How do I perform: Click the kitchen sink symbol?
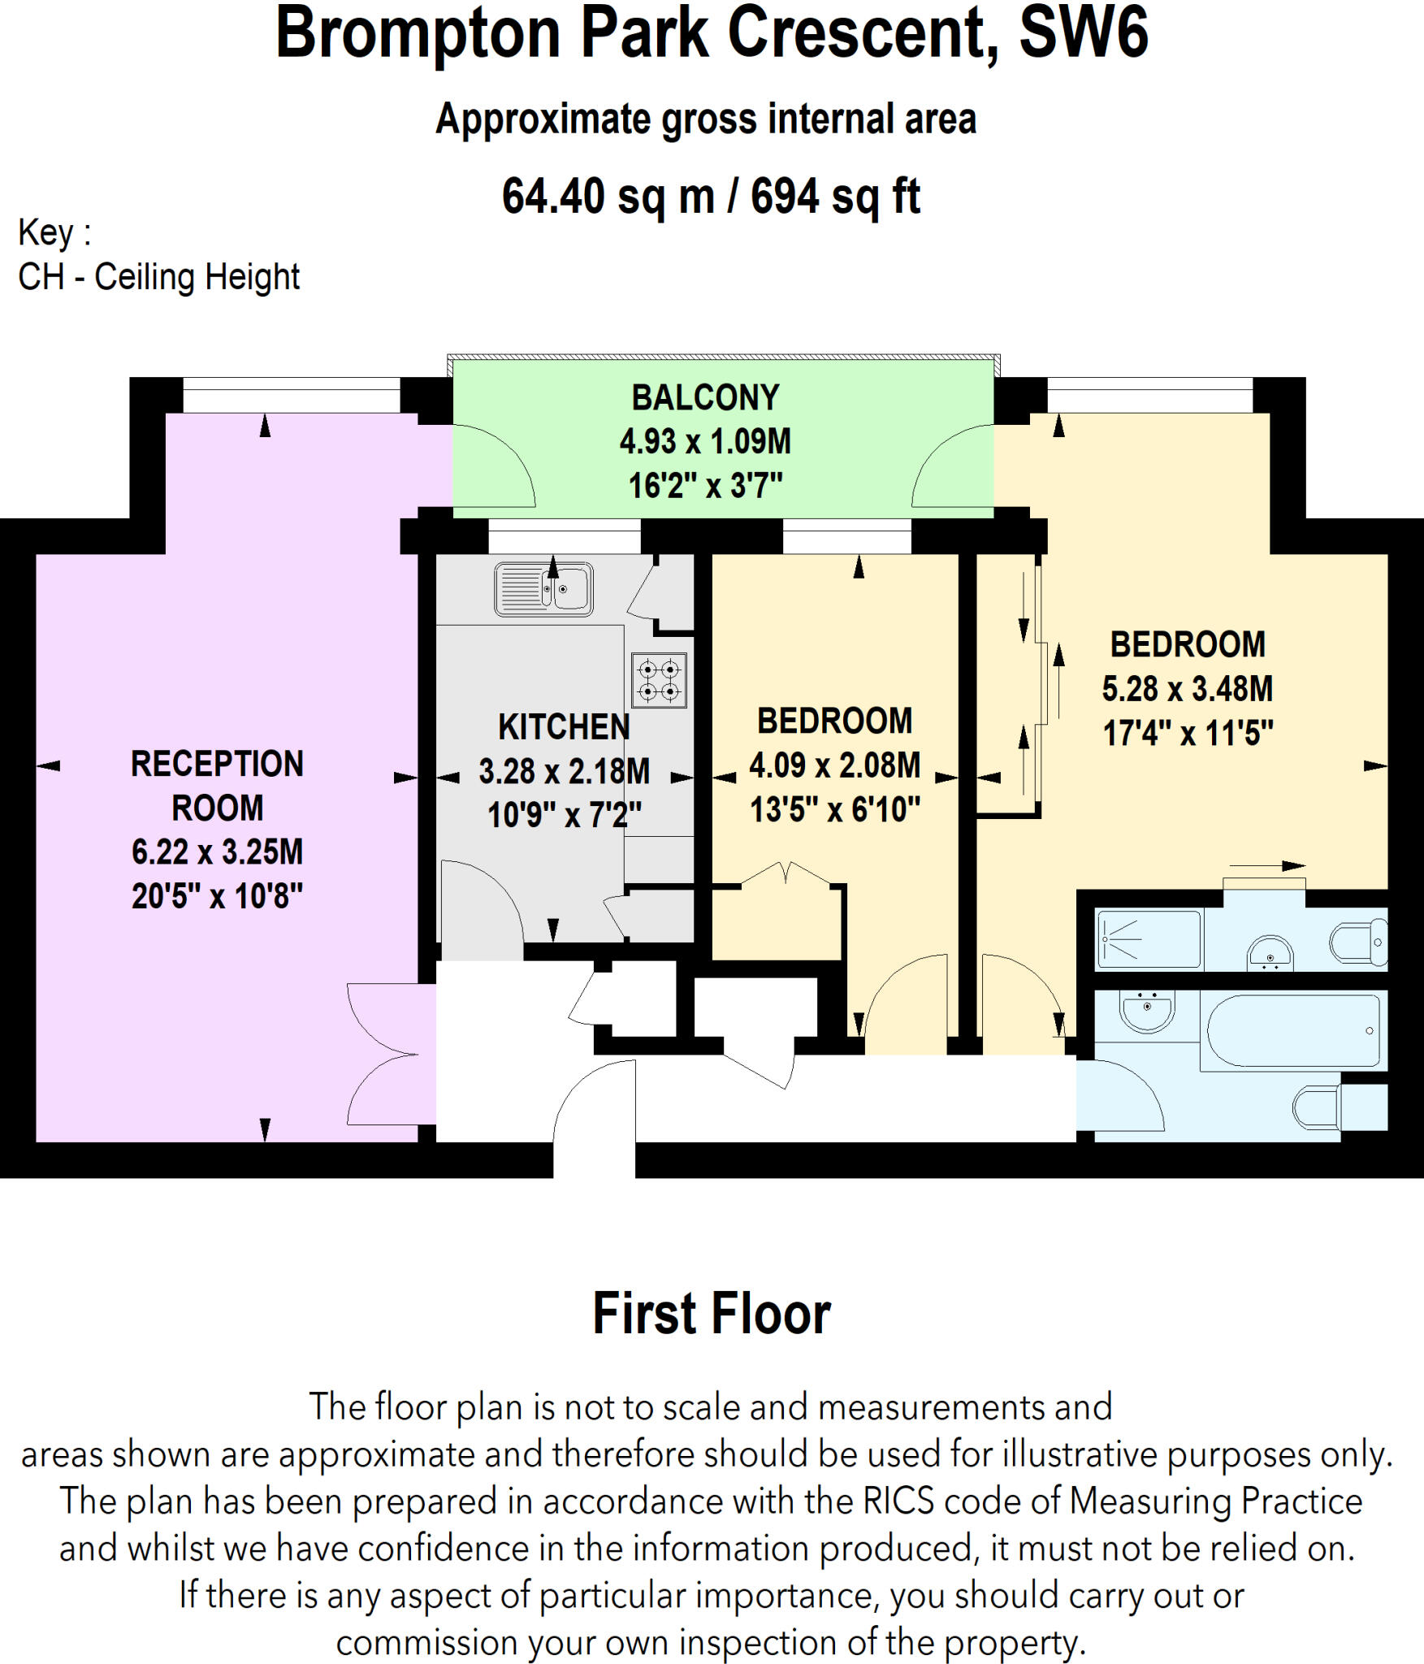543,588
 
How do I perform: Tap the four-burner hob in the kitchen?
659,680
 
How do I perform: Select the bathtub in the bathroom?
1293,1030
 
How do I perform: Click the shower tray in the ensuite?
1148,939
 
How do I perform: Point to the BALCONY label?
705,397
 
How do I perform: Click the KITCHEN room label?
564,726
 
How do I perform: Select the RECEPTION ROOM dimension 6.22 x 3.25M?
217,851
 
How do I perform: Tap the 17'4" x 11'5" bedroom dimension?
1187,733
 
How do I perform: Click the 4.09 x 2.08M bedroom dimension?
834,765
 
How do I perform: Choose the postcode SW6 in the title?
1083,32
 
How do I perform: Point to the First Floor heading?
712,1314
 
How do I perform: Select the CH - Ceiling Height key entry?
159,277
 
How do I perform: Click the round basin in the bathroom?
1147,1010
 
